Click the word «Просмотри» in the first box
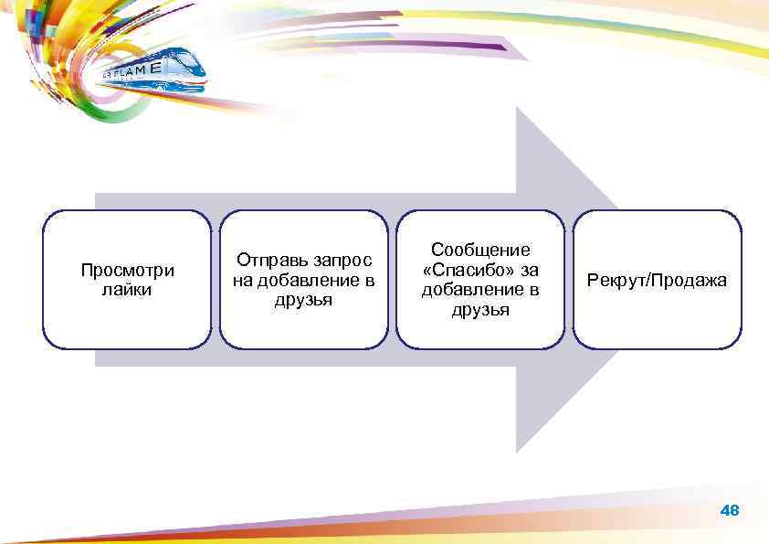[x=127, y=271]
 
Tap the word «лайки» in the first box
[x=127, y=290]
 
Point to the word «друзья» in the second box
[x=304, y=299]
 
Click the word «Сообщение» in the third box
[x=480, y=250]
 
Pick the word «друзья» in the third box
[x=480, y=310]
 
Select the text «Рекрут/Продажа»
[x=658, y=280]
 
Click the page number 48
[x=730, y=510]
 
